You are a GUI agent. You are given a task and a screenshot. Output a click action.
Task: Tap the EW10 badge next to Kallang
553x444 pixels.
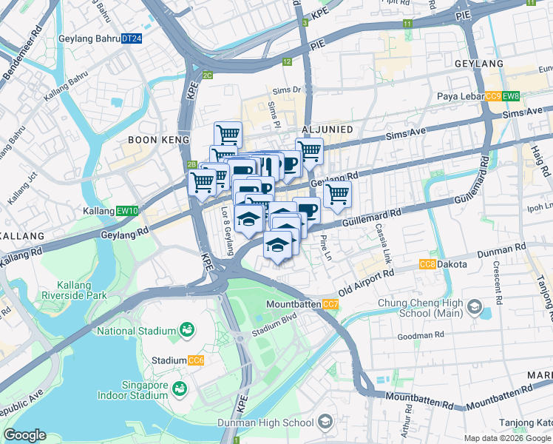(127, 211)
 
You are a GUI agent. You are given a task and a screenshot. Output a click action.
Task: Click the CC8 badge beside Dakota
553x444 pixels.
(427, 264)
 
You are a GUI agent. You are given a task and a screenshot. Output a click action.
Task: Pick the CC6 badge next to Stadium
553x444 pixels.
(195, 360)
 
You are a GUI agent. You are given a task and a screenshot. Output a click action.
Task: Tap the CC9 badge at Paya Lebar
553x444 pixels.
(493, 96)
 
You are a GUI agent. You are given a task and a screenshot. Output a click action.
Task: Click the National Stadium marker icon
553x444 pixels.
(187, 331)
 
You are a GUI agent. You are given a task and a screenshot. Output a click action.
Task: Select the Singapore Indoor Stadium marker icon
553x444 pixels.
(178, 388)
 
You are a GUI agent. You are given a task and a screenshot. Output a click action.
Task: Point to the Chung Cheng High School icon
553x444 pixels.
(474, 307)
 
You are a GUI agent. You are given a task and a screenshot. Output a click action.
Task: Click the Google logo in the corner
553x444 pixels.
(24, 435)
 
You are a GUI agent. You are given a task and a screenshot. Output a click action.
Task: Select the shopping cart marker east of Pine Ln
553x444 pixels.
(337, 195)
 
